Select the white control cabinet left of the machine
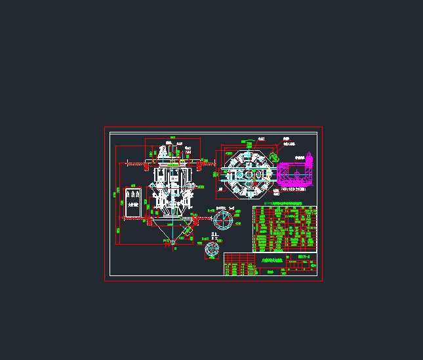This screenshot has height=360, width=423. [133, 204]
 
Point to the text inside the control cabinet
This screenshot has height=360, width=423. [133, 205]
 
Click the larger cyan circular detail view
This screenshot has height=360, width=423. [222, 220]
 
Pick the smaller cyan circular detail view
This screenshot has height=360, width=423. [212, 249]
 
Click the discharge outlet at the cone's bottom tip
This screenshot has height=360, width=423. [173, 243]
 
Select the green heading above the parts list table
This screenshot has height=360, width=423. [283, 205]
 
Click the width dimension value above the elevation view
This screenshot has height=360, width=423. [172, 139]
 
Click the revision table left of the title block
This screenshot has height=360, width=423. [240, 269]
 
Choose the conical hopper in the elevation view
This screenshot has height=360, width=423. [172, 230]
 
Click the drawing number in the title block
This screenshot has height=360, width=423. [304, 256]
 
